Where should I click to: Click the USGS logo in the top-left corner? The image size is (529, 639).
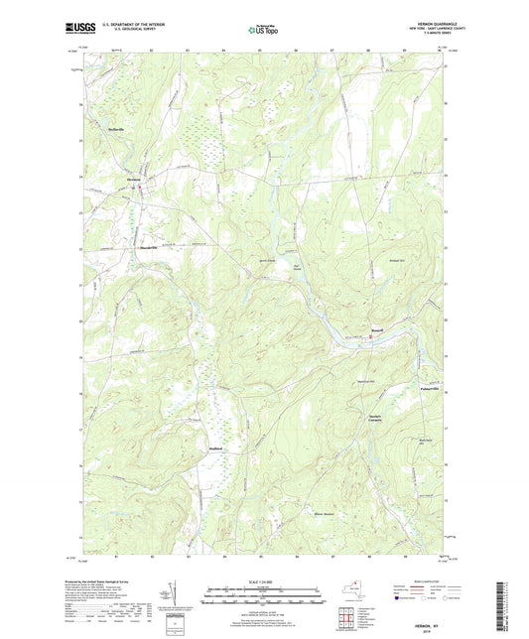78,30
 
